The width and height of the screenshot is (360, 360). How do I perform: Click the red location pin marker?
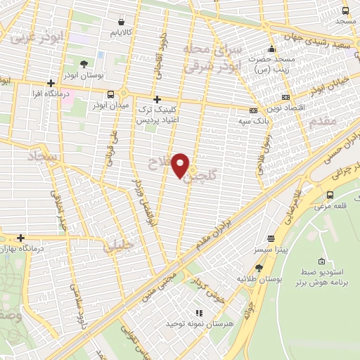(181, 166)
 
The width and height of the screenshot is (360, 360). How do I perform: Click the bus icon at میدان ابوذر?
(110, 94)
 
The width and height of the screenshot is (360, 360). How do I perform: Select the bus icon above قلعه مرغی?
(330, 195)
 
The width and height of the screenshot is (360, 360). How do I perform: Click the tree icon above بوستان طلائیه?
(259, 268)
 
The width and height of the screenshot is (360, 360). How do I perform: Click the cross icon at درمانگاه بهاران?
(21, 238)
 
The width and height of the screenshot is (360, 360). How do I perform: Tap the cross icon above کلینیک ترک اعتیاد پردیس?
(157, 99)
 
